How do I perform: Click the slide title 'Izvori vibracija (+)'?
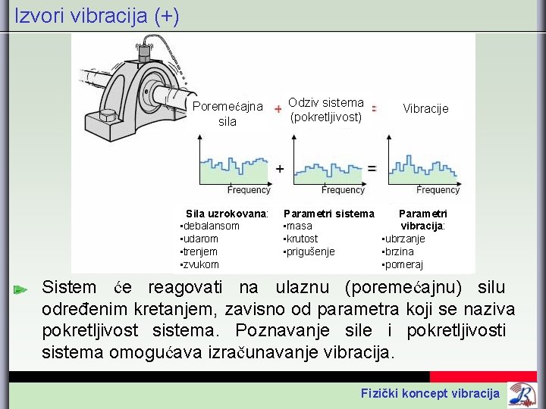pos(97,16)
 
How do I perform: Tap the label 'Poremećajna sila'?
pos(227,114)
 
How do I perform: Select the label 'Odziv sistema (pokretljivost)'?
pos(327,110)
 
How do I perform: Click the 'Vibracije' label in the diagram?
pos(425,109)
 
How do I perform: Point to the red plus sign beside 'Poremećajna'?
pos(278,109)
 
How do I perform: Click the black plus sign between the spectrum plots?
pos(280,168)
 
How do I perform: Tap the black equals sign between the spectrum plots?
pos(372,168)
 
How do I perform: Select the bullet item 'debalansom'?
pos(211,226)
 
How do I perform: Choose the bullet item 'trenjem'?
pos(200,251)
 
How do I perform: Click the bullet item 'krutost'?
pos(303,239)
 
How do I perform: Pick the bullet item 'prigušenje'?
pos(310,251)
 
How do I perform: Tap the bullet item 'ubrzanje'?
pos(405,239)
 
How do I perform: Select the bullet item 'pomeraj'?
pos(404,264)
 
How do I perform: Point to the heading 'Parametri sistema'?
pos(328,214)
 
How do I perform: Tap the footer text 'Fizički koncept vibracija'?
pos(430,392)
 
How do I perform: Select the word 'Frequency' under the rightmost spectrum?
pos(438,189)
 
